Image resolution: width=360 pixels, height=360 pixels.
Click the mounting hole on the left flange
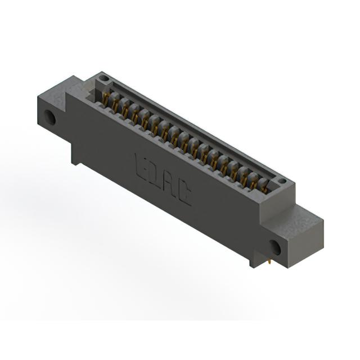(x=50, y=117)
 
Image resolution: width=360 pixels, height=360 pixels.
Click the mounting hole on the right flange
(x=275, y=248)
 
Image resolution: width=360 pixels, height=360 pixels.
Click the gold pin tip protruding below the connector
(x=269, y=262)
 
